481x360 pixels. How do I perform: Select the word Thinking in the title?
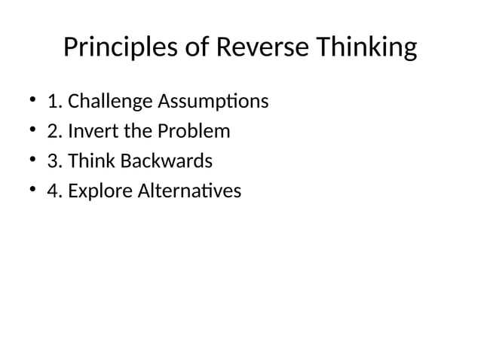(366, 48)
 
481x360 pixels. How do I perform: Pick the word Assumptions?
(216, 101)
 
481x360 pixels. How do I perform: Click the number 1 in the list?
(52, 101)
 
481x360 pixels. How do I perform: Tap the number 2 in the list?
(52, 131)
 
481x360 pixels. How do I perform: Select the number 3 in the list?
(52, 161)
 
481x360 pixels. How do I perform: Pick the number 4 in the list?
(52, 191)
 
